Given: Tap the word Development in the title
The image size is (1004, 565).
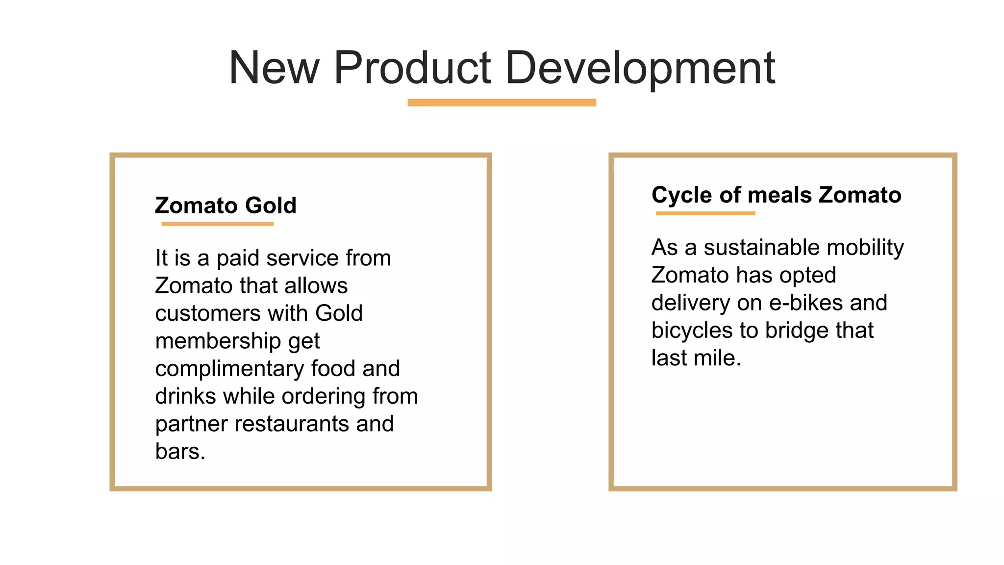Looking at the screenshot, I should pos(640,69).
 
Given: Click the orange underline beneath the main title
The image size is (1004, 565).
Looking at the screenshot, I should pos(502,103).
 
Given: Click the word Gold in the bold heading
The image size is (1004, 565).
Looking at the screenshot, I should pos(271,205).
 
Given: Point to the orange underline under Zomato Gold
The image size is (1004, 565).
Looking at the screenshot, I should pos(217,224).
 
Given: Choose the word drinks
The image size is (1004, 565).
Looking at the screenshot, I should pos(185,396).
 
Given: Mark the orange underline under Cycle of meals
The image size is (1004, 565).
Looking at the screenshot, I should pos(705,213).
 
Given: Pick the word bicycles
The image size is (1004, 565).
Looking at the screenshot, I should pos(692,331).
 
